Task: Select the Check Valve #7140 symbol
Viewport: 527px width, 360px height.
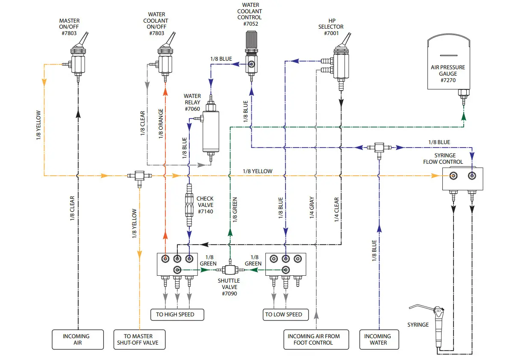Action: (x=188, y=205)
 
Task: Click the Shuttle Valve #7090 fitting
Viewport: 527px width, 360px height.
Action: (x=230, y=270)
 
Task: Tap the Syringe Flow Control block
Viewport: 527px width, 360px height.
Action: (x=462, y=178)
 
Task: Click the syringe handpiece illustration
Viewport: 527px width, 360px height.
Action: (x=438, y=325)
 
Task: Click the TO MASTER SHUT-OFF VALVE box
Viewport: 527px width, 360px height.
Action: (x=139, y=339)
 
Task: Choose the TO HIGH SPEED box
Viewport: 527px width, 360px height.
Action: (x=177, y=315)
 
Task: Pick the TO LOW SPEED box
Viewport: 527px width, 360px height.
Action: (x=285, y=315)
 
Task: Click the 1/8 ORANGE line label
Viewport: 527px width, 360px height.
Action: (x=161, y=124)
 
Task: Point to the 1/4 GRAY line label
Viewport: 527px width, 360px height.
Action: (x=312, y=208)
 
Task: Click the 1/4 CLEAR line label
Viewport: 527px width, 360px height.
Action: (x=336, y=209)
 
